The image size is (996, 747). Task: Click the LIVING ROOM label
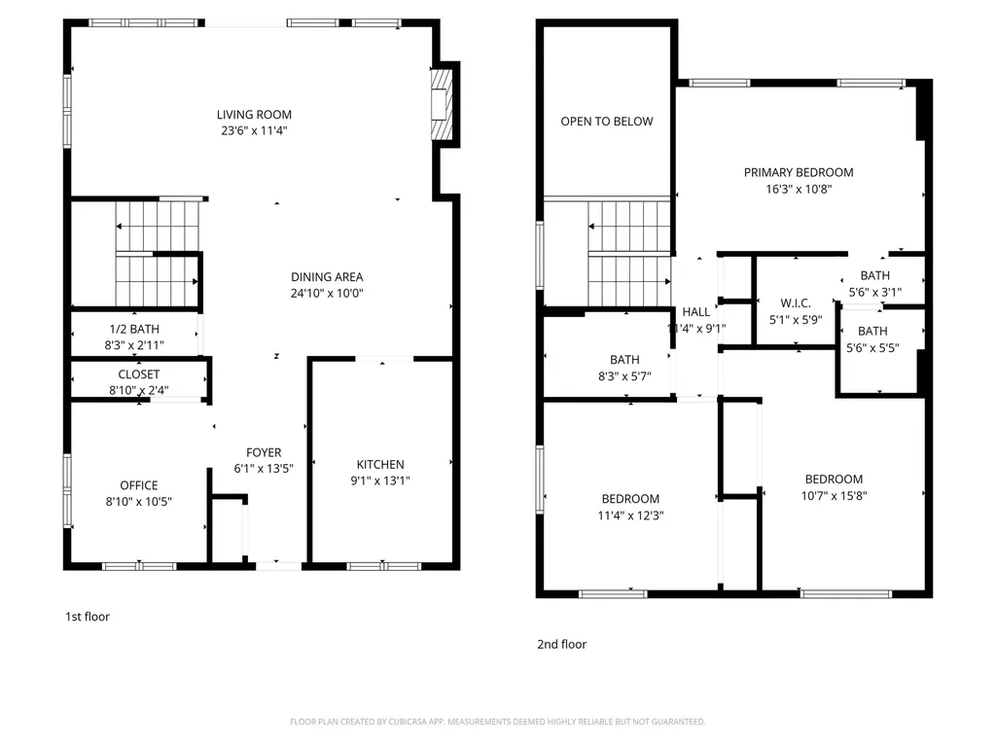click(x=254, y=115)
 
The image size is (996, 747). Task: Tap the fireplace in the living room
click(x=444, y=103)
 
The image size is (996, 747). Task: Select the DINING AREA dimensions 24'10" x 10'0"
click(x=327, y=293)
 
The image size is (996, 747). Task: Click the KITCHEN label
click(x=380, y=465)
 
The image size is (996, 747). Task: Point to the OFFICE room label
click(x=139, y=485)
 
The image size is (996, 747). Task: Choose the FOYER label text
click(x=264, y=452)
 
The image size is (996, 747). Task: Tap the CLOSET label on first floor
click(x=139, y=374)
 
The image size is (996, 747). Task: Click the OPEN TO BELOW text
click(x=607, y=122)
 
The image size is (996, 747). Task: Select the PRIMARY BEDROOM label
click(x=799, y=173)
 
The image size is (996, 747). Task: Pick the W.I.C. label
click(x=796, y=303)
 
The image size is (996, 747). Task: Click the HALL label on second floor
click(x=696, y=312)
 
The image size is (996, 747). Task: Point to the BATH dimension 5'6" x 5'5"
click(x=872, y=347)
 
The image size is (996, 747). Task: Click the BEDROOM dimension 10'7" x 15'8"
click(x=834, y=495)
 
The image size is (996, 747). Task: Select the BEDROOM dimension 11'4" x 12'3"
click(x=630, y=516)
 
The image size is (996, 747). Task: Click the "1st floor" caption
click(x=88, y=617)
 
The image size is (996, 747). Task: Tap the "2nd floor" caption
click(x=562, y=644)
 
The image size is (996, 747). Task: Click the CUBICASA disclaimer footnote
click(x=497, y=722)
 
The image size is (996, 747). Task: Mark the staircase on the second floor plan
click(x=629, y=254)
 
